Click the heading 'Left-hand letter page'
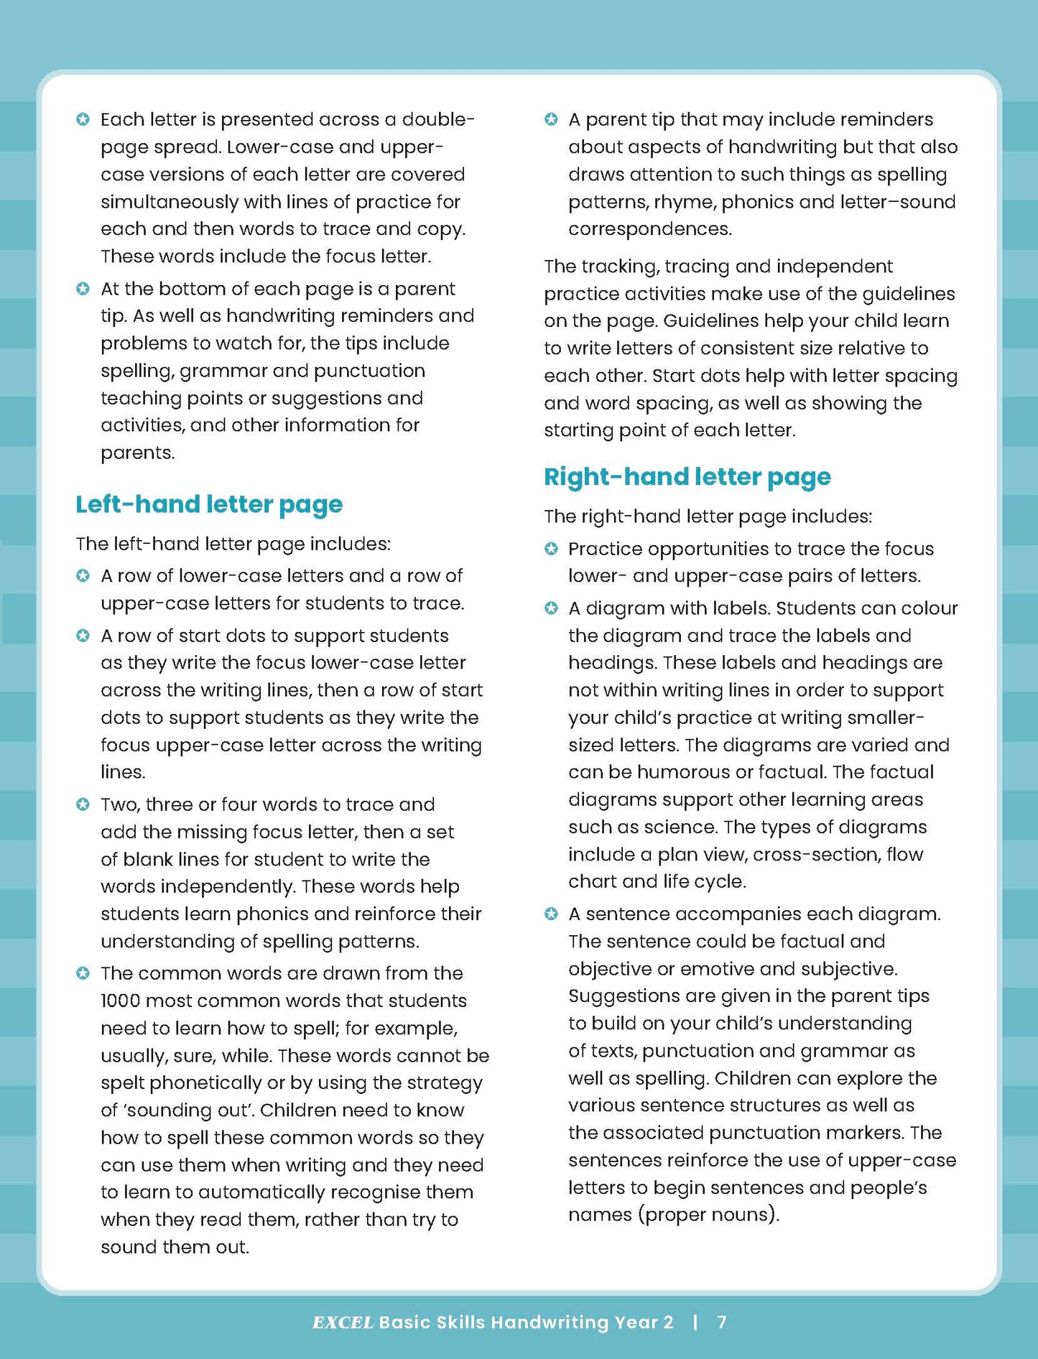point(209,504)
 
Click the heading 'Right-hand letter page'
point(687,477)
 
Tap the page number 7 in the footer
point(722,1322)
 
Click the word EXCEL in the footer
point(343,1322)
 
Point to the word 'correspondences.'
point(650,229)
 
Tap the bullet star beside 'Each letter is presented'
point(83,119)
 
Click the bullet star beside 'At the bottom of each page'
point(83,289)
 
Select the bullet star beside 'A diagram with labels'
point(551,608)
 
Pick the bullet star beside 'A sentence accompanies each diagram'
point(551,914)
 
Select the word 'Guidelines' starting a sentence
point(708,321)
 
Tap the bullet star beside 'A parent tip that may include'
point(551,119)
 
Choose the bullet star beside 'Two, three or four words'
point(83,804)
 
